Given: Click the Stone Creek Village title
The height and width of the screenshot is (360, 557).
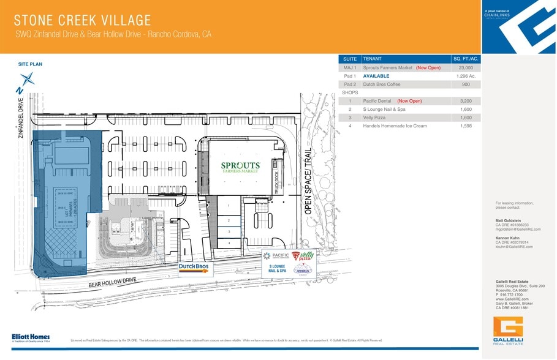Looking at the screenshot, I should point(82,20).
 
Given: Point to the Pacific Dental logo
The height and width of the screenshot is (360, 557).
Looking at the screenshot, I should point(275,256).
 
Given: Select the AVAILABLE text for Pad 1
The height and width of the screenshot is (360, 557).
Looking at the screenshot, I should point(376,76).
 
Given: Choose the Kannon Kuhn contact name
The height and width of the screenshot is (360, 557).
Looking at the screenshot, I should point(508,238).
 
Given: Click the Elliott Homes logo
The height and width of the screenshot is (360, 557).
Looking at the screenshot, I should point(31,337).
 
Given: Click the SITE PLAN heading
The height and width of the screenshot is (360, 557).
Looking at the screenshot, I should point(30,64).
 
